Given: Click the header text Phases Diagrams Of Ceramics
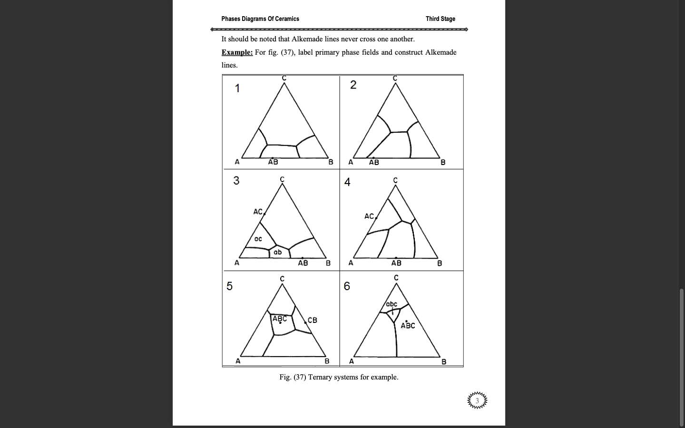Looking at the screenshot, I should pyautogui.click(x=260, y=19).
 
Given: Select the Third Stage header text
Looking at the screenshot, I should pyautogui.click(x=440, y=19).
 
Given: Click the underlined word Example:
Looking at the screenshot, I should pyautogui.click(x=237, y=52).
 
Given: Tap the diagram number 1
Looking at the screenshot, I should pyautogui.click(x=237, y=88).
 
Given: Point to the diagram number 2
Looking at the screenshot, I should pyautogui.click(x=353, y=85).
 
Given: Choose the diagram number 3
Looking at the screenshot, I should pyautogui.click(x=236, y=180).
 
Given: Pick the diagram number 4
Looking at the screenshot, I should pyautogui.click(x=347, y=182).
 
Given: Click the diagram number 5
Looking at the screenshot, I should pyautogui.click(x=229, y=286).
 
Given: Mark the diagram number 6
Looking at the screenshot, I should pyautogui.click(x=347, y=286).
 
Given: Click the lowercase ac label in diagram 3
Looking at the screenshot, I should pyautogui.click(x=258, y=239).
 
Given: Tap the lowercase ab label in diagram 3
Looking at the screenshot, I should pyautogui.click(x=278, y=252).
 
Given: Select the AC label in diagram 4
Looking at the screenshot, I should pyautogui.click(x=369, y=216).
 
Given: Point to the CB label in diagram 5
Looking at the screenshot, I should pyautogui.click(x=312, y=320).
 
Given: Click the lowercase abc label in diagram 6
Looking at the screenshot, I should pyautogui.click(x=391, y=304).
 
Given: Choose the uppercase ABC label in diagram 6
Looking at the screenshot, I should pyautogui.click(x=408, y=326).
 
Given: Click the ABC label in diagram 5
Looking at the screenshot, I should pyautogui.click(x=280, y=318).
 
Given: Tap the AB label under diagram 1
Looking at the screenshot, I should pyautogui.click(x=273, y=162).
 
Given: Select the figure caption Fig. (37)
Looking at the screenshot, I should pyautogui.click(x=339, y=377).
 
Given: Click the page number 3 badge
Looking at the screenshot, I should pyautogui.click(x=477, y=400).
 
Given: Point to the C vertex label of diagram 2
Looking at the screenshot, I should pyautogui.click(x=395, y=78).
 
